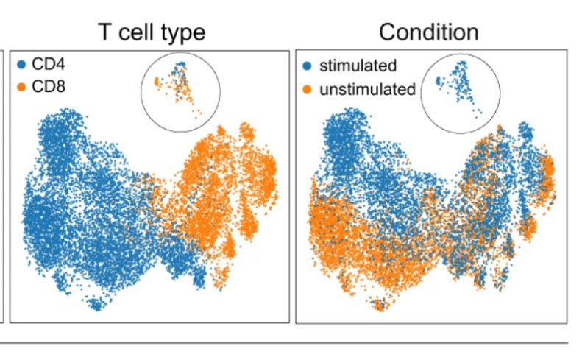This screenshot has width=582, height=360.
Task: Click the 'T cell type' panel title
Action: coord(152,32)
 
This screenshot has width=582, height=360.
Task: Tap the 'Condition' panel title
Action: coord(428,32)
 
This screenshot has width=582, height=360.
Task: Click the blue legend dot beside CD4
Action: coord(22,65)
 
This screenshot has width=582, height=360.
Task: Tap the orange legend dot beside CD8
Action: coord(22,87)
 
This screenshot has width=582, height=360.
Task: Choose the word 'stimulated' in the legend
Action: coord(358,66)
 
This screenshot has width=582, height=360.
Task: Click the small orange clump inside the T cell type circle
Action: coord(156,82)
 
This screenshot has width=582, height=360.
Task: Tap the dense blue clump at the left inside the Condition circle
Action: coord(438,80)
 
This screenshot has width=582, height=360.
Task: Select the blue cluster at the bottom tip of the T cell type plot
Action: coord(95,304)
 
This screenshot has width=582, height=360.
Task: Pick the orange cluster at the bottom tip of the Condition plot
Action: coord(380,304)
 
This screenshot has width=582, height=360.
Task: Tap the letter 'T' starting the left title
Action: coord(106,32)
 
